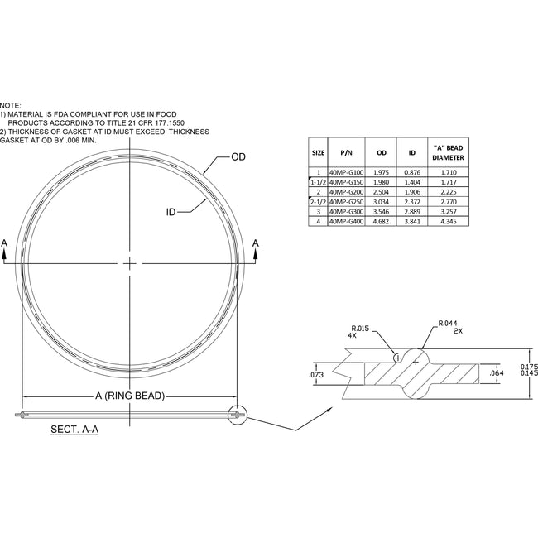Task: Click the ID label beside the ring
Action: [x=171, y=213]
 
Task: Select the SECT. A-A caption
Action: [x=75, y=430]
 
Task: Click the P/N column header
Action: [x=347, y=153]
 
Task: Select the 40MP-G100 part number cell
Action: [x=346, y=171]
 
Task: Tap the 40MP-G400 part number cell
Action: [x=346, y=221]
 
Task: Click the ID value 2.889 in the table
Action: [x=412, y=211]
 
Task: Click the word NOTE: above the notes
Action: [x=11, y=106]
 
